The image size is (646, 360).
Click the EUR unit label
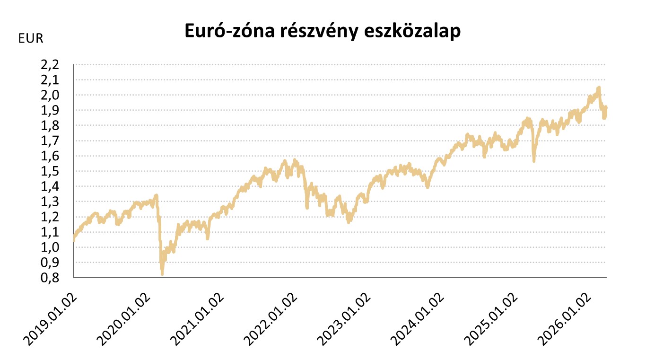(31, 39)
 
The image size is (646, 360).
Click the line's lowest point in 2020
(162, 274)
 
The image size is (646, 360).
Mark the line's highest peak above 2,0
(599, 88)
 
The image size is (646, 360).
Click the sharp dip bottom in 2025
(534, 161)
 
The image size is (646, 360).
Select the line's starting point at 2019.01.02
(74, 239)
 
